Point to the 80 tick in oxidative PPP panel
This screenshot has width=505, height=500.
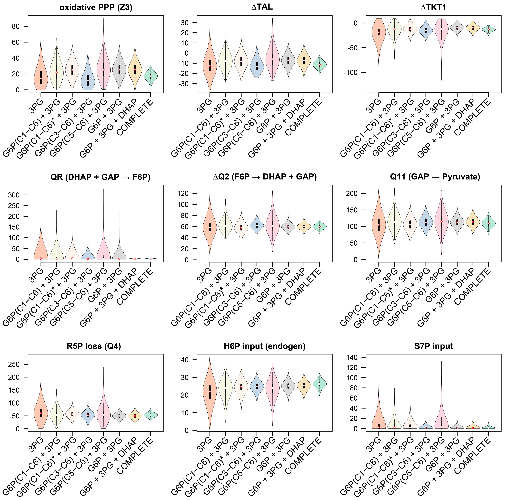click(x=16, y=26)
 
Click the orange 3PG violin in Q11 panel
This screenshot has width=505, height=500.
click(x=379, y=225)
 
